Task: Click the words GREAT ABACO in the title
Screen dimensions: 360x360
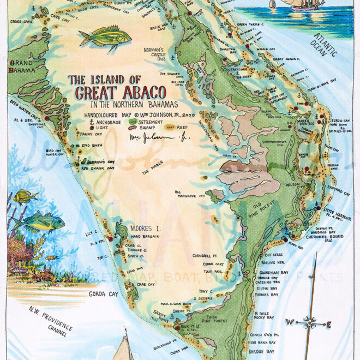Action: [x=118, y=93]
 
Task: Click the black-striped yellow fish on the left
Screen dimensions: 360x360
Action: [x=25, y=196]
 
